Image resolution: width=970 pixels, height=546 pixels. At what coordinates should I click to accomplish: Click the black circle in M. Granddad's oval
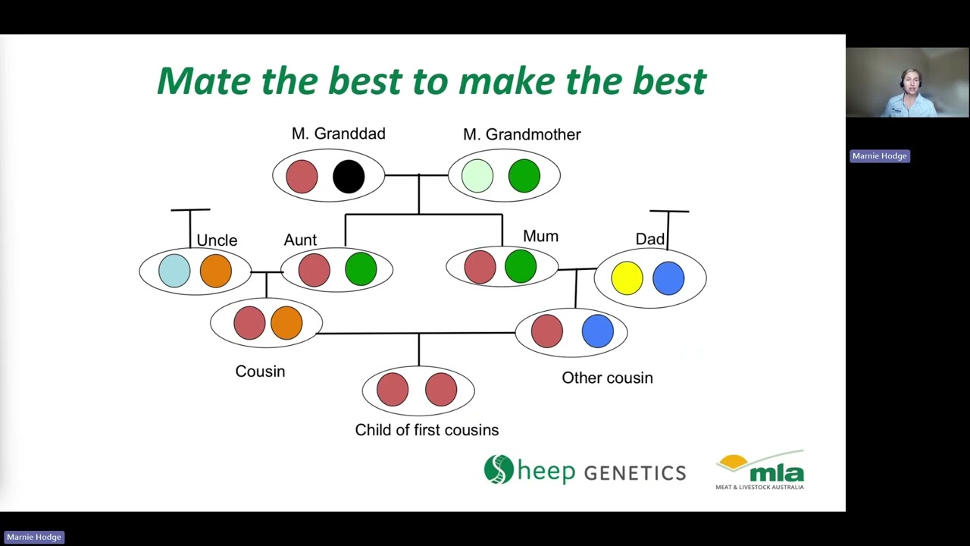point(349,176)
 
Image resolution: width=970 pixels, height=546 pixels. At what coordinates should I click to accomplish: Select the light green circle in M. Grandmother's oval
point(477,176)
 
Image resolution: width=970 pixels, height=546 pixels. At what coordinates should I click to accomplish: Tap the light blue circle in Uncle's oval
point(174,271)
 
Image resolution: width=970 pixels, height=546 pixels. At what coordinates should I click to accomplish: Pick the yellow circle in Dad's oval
point(627,278)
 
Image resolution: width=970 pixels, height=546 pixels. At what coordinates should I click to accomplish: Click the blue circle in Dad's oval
point(668,278)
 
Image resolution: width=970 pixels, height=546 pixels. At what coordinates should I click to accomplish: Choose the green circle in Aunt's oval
point(361,270)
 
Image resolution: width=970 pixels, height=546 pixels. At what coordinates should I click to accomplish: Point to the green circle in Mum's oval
point(521,267)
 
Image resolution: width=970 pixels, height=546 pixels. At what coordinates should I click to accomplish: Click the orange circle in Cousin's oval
point(286,323)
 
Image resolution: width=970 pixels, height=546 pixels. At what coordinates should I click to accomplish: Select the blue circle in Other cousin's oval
point(597,332)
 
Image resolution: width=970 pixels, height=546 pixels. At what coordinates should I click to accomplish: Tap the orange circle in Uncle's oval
point(216,271)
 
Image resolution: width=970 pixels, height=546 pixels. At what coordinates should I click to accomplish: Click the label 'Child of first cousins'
point(427,430)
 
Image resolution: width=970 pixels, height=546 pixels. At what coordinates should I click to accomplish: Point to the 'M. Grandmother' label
point(521,134)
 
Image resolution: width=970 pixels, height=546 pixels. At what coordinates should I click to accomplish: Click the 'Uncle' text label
point(217,240)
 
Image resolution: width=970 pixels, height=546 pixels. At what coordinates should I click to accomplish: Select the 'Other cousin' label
point(607,378)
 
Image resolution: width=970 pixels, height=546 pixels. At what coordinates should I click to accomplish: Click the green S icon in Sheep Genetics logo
point(499,469)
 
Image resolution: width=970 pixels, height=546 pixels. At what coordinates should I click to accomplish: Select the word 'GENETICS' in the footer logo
point(634,473)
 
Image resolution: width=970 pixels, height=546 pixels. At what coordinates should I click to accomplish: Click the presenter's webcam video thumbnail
point(907,83)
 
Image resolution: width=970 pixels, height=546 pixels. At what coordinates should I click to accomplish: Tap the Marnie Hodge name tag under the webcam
point(879,156)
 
